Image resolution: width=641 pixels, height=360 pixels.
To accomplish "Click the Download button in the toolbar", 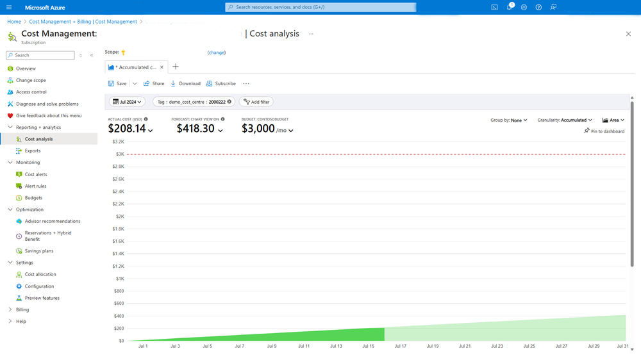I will click(x=186, y=84).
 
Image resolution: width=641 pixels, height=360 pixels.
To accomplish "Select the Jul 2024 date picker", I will click(x=128, y=102).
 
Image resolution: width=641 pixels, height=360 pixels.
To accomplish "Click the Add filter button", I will click(x=255, y=102).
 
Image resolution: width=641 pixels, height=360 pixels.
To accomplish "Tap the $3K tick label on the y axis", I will click(x=119, y=154).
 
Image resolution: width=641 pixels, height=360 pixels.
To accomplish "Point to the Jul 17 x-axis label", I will click(x=400, y=346).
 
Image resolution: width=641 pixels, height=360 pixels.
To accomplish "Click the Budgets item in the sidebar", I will click(x=33, y=198).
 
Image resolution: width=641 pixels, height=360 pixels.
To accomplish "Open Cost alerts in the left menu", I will click(x=36, y=174).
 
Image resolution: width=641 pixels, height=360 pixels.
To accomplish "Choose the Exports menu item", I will click(x=33, y=151).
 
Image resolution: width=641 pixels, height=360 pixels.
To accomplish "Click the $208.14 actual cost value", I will click(x=127, y=129).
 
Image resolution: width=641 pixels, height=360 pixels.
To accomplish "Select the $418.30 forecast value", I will click(x=196, y=129).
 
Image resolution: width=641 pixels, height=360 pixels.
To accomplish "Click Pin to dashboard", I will click(x=604, y=131).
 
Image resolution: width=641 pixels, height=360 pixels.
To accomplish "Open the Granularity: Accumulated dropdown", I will click(x=565, y=120).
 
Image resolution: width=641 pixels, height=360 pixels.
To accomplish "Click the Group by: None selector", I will click(x=509, y=120).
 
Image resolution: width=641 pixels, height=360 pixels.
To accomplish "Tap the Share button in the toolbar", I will click(x=154, y=84).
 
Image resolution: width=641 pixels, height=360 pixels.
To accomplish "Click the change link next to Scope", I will click(x=217, y=53).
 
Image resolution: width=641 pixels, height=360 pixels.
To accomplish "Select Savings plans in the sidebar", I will click(x=39, y=251).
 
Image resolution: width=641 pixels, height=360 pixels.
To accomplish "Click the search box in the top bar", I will click(x=320, y=7).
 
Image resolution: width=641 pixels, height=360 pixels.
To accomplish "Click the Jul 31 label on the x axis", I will click(x=622, y=346).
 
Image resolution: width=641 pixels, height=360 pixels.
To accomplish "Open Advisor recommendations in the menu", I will click(x=53, y=221).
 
